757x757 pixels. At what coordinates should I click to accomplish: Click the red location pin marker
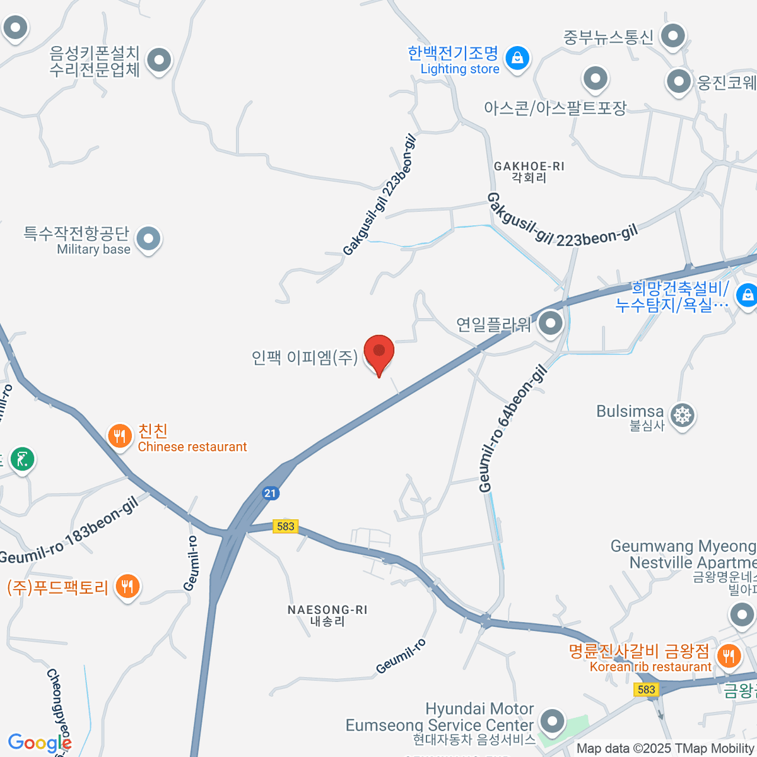(378, 352)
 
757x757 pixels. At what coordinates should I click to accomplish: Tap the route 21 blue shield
(271, 493)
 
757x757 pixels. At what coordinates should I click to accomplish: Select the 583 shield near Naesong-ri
(285, 526)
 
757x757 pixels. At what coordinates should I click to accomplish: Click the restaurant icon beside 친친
(119, 436)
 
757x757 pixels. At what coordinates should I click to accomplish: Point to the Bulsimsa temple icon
(682, 416)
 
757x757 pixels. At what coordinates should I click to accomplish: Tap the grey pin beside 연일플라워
(551, 324)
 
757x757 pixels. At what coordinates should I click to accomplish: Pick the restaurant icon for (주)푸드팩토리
(127, 587)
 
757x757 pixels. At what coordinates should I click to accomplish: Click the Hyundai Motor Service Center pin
(553, 720)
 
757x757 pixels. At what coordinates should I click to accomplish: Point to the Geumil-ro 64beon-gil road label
(512, 429)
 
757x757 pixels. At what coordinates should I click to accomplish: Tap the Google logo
(39, 743)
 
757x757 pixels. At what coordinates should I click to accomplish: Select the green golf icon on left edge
(23, 459)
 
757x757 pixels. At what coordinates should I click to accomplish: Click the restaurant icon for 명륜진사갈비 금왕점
(729, 656)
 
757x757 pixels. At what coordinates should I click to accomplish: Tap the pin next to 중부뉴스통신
(672, 36)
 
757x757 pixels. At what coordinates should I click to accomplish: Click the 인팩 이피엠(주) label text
(305, 358)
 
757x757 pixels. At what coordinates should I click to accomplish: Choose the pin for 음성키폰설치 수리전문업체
(159, 61)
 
